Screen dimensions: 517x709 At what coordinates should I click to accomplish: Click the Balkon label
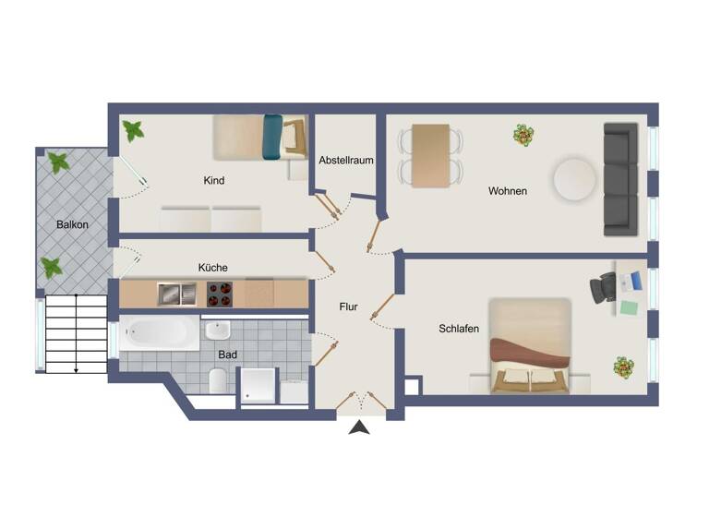click(x=72, y=224)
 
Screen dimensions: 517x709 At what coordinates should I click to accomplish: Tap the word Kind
click(x=214, y=180)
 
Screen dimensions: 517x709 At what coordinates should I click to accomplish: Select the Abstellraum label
click(x=346, y=160)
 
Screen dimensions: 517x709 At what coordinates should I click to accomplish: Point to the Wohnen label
click(x=508, y=191)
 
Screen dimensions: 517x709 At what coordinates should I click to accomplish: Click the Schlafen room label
click(x=459, y=328)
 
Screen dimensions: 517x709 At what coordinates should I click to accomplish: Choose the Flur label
click(x=348, y=307)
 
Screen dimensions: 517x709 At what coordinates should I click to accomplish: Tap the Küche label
click(x=212, y=268)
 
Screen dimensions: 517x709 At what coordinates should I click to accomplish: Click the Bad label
click(x=227, y=354)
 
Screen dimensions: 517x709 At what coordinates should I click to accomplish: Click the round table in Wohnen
click(x=575, y=179)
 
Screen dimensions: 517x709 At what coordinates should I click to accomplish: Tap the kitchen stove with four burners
click(x=219, y=295)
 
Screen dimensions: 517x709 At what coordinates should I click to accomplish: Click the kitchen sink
click(x=176, y=295)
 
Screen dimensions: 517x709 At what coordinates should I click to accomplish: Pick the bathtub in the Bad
click(x=159, y=333)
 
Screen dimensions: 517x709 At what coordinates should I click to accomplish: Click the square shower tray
click(x=258, y=386)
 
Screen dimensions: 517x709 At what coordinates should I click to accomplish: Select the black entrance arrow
click(x=360, y=427)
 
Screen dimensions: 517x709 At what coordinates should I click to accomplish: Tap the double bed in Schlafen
click(x=529, y=346)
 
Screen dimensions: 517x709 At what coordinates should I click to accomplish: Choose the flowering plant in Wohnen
click(x=524, y=136)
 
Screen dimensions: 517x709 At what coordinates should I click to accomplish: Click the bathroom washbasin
click(x=219, y=331)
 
